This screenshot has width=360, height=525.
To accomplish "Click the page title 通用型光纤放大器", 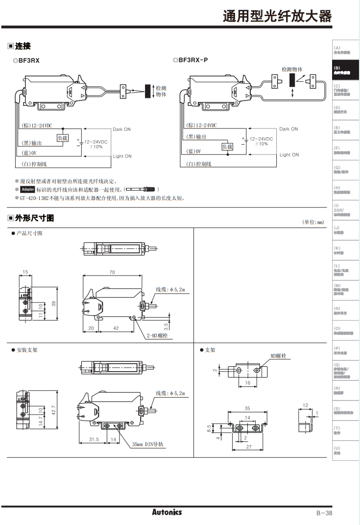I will [277, 16].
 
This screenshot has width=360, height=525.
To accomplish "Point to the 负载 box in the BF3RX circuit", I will [63, 138].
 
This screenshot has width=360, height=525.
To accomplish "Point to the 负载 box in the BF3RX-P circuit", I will [227, 147].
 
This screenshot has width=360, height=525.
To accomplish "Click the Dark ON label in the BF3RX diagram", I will [122, 129].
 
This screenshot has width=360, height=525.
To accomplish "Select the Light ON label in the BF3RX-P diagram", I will [289, 155].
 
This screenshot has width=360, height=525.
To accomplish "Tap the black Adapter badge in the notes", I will [28, 189].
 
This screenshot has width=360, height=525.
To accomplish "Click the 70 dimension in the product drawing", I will [112, 272].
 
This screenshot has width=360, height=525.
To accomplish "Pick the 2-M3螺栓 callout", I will [157, 336].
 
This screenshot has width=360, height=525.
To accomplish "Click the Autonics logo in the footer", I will [167, 512].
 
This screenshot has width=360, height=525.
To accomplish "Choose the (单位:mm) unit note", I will [313, 223].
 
